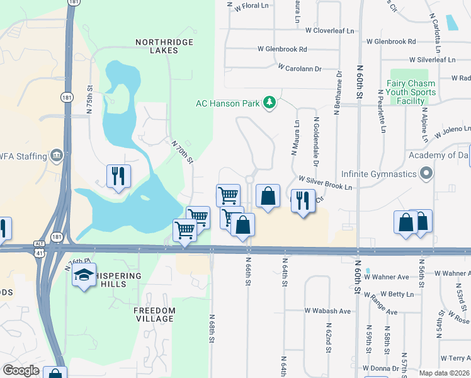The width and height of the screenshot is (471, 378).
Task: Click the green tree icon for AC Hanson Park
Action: click(x=270, y=103)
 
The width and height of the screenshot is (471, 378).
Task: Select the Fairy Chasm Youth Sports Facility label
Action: click(x=411, y=92)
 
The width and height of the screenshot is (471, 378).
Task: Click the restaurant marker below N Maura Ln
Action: click(x=303, y=202)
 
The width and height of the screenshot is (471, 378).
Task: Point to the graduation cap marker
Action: click(x=84, y=276)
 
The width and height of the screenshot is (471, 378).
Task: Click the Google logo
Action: click(x=21, y=370)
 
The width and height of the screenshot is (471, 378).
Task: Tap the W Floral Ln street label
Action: click(x=251, y=6)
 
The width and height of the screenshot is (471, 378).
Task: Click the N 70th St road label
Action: click(x=182, y=152)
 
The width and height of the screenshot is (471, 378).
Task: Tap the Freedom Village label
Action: click(x=154, y=314)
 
